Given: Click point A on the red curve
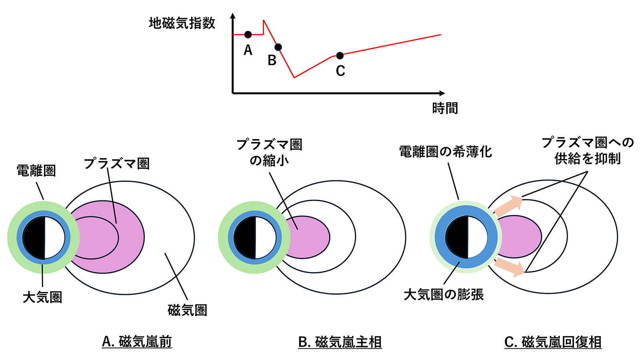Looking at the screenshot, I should tap(248, 34).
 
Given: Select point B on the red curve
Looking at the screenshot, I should tap(278, 47).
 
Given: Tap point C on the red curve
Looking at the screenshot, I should tap(340, 55).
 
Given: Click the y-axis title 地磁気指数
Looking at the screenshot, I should tap(182, 23).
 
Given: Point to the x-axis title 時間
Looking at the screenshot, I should tap(445, 108).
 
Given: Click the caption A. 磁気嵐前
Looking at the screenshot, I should tap(137, 342).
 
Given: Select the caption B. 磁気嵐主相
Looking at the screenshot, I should tap(340, 342).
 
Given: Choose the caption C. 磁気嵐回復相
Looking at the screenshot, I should tap(553, 342).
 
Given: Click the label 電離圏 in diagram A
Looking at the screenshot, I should tap(36, 171).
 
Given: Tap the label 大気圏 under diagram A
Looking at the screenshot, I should tap(42, 297).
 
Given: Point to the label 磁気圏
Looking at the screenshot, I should tap(187, 310).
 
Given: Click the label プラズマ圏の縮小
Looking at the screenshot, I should tap(269, 152).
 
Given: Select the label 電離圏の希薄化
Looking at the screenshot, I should tap(445, 152).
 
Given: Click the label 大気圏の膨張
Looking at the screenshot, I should tap(444, 294).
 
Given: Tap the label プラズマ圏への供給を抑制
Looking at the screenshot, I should tap(587, 150).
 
